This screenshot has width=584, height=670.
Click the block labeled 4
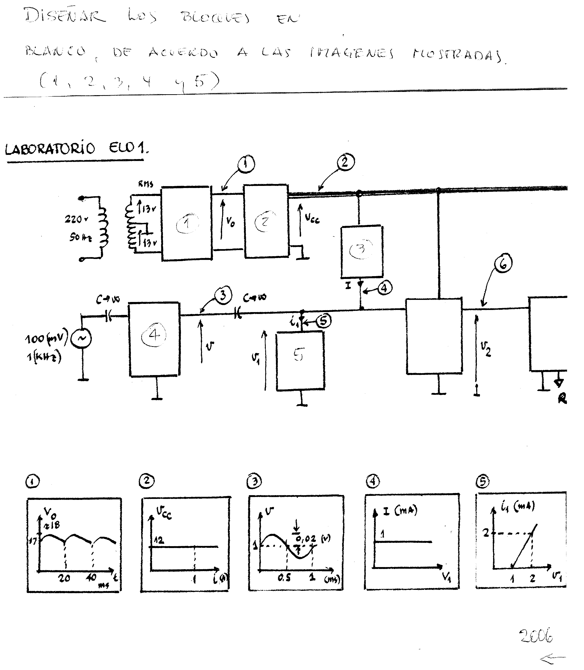pyautogui.click(x=154, y=339)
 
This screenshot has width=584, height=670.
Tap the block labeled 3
pyautogui.click(x=361, y=251)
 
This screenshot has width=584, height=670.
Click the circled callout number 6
pyautogui.click(x=503, y=263)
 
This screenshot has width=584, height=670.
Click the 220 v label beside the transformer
pyautogui.click(x=76, y=219)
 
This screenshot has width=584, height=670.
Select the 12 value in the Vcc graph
pyautogui.click(x=159, y=540)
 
